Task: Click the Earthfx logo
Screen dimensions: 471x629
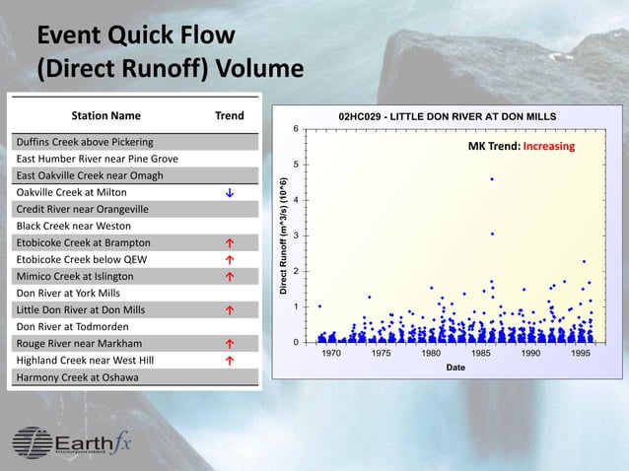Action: (72, 442)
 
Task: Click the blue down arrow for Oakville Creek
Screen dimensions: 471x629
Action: (229, 192)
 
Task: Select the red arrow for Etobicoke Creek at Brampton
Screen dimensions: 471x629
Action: (229, 242)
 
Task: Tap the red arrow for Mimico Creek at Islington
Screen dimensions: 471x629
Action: (229, 276)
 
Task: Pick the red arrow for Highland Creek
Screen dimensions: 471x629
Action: (229, 361)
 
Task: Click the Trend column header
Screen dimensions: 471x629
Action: (229, 115)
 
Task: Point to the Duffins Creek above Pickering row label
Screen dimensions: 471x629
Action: (84, 142)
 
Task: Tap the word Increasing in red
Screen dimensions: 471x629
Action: (548, 146)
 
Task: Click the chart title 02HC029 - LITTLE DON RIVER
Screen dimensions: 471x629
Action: (447, 116)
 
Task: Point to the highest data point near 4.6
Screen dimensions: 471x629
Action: (492, 179)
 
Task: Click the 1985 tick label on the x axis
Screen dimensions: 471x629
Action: (481, 353)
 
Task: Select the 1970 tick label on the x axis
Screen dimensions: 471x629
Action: (331, 353)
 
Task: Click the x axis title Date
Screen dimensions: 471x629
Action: (455, 367)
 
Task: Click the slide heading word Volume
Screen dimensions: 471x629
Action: (253, 70)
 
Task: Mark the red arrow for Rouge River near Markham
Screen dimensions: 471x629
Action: (229, 344)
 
